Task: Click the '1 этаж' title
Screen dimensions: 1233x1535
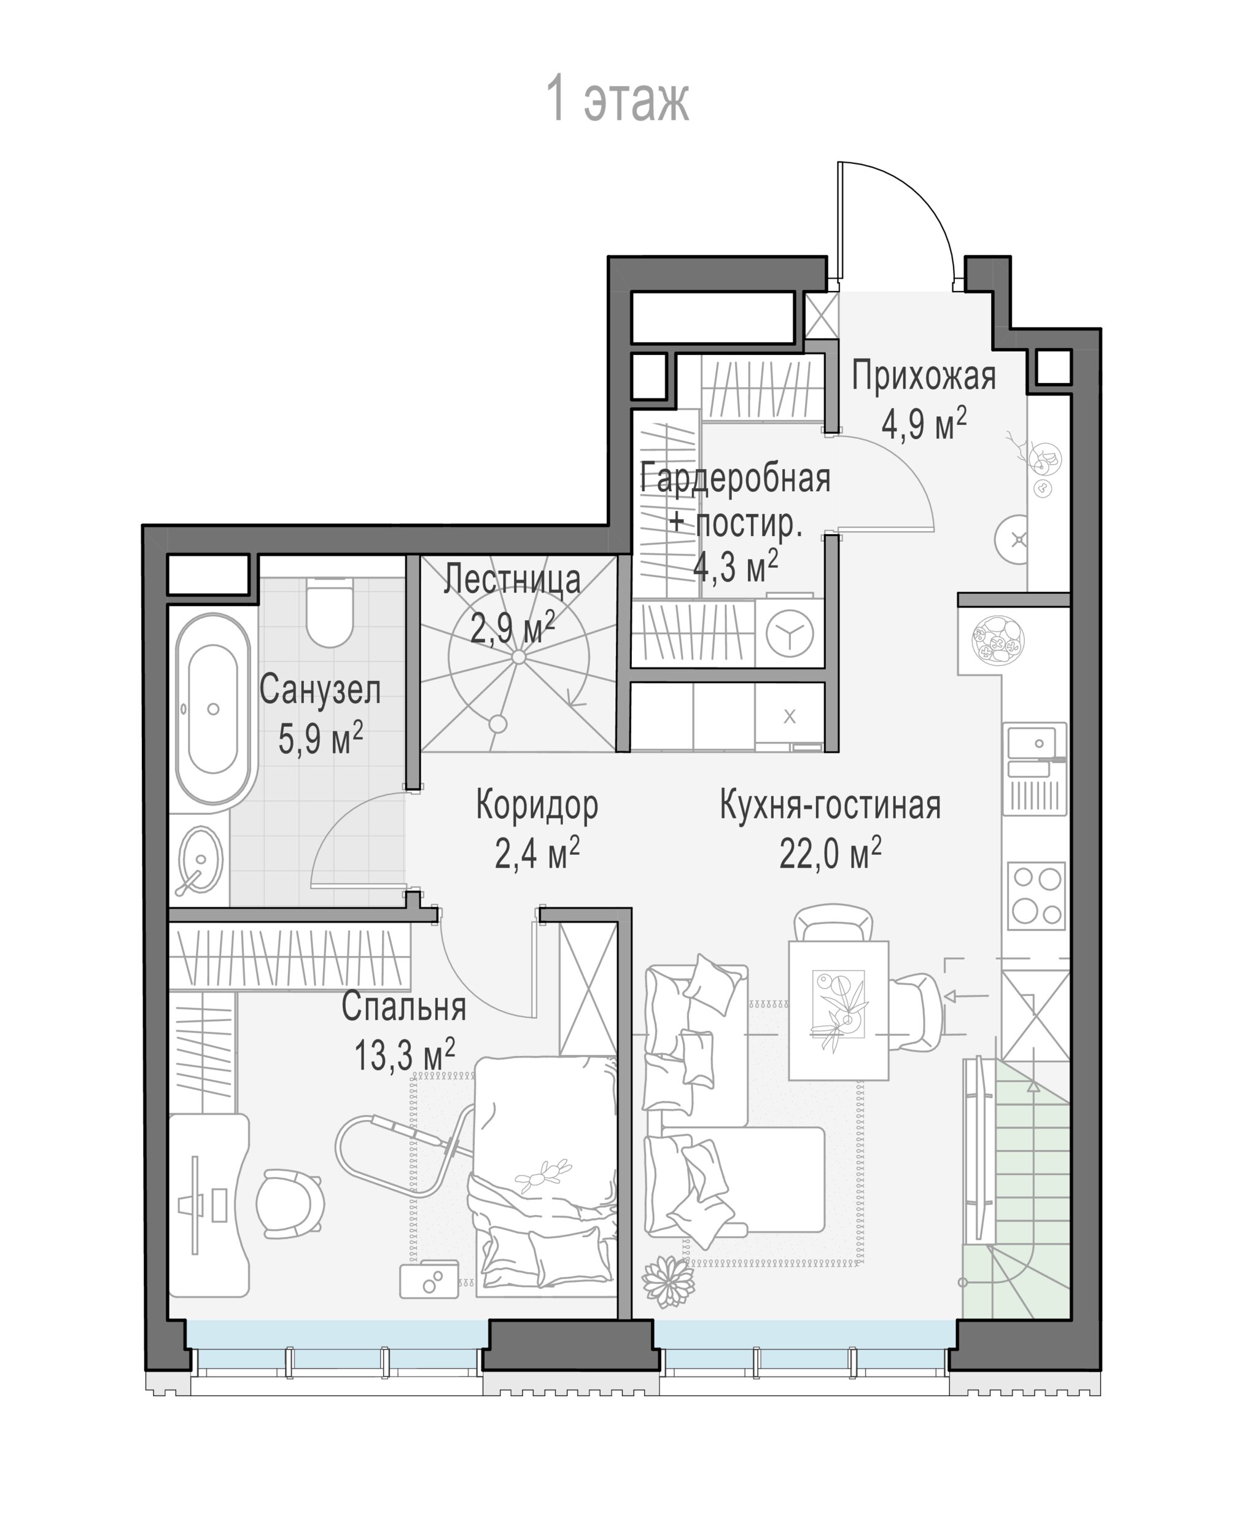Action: (x=617, y=99)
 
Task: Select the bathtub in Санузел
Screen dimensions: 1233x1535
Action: (x=213, y=709)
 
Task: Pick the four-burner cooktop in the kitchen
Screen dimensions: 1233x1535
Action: (x=1037, y=896)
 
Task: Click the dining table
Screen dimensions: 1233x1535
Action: (x=838, y=1009)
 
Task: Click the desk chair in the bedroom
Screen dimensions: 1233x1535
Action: (x=290, y=1203)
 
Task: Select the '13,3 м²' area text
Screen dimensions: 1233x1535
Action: (x=405, y=1054)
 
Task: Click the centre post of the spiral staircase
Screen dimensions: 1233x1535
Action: (x=518, y=656)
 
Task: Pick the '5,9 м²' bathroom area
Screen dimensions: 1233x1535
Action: (x=321, y=738)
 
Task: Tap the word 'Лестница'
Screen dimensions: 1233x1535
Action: (x=512, y=580)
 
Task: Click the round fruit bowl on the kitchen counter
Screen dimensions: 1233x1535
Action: (x=997, y=640)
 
